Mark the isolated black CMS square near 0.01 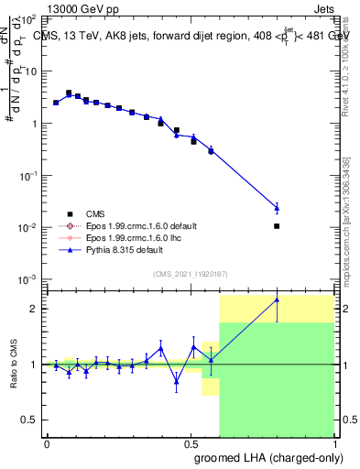click(277, 225)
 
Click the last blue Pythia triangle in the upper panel click(277, 208)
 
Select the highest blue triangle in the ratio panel click(277, 300)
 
